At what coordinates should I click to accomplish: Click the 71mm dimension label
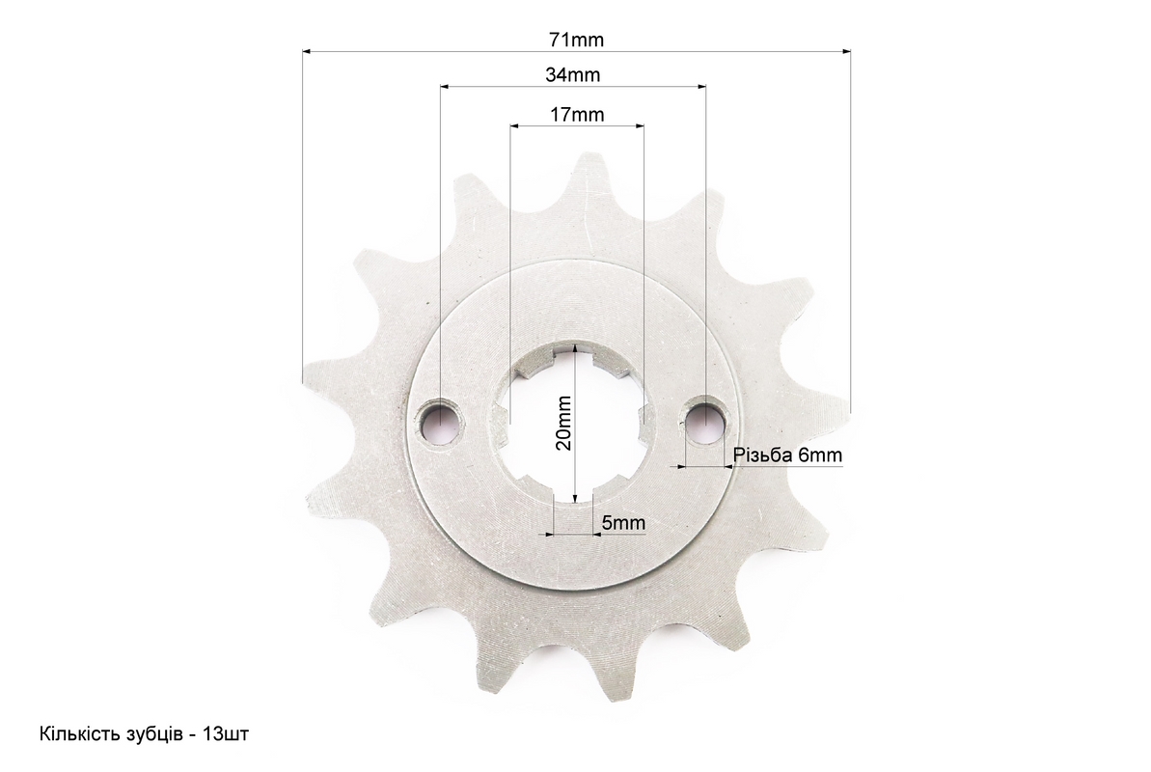coord(576,40)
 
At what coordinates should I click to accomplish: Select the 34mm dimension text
coord(572,74)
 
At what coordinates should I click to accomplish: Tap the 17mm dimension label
coord(577,115)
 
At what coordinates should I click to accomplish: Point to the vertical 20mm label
coord(563,423)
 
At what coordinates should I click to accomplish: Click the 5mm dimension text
coord(624,522)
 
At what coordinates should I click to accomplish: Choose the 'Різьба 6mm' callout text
coord(787,455)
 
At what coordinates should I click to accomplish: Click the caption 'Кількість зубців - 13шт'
coord(144,733)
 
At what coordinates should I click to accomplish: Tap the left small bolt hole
coord(440,422)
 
